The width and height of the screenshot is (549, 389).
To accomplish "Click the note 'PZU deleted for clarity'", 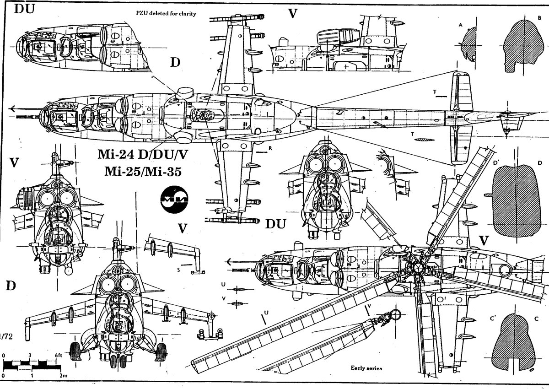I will [166, 14].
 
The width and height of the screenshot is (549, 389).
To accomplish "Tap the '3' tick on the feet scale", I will [30, 356].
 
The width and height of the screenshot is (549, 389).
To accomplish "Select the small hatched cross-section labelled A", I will [468, 43].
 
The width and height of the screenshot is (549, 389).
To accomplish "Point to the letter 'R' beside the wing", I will [271, 148].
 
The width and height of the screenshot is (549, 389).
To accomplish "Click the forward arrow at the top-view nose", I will [14, 109].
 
